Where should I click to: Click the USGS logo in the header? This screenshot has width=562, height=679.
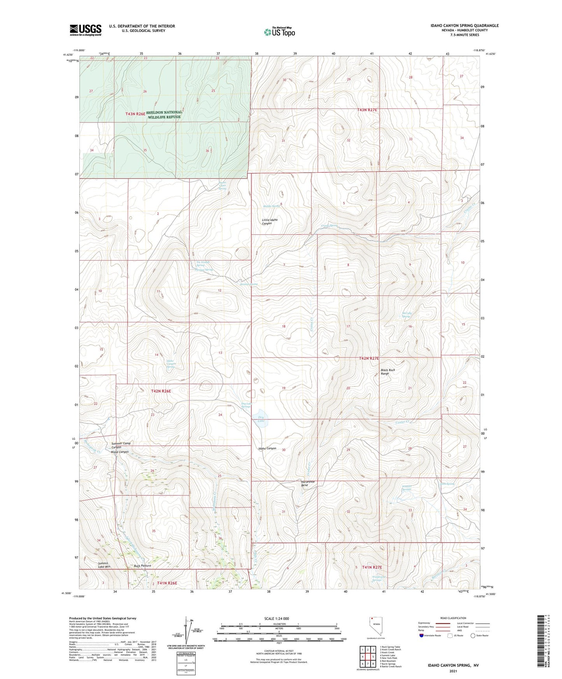(85, 30)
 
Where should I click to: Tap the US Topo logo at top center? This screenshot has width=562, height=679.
(279, 31)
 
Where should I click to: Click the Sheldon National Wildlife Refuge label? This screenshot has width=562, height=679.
(163, 114)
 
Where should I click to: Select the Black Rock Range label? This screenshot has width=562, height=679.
(387, 371)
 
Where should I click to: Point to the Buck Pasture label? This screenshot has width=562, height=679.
(142, 566)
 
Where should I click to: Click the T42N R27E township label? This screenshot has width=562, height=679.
(368, 358)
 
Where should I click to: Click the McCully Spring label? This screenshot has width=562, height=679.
(406, 315)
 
